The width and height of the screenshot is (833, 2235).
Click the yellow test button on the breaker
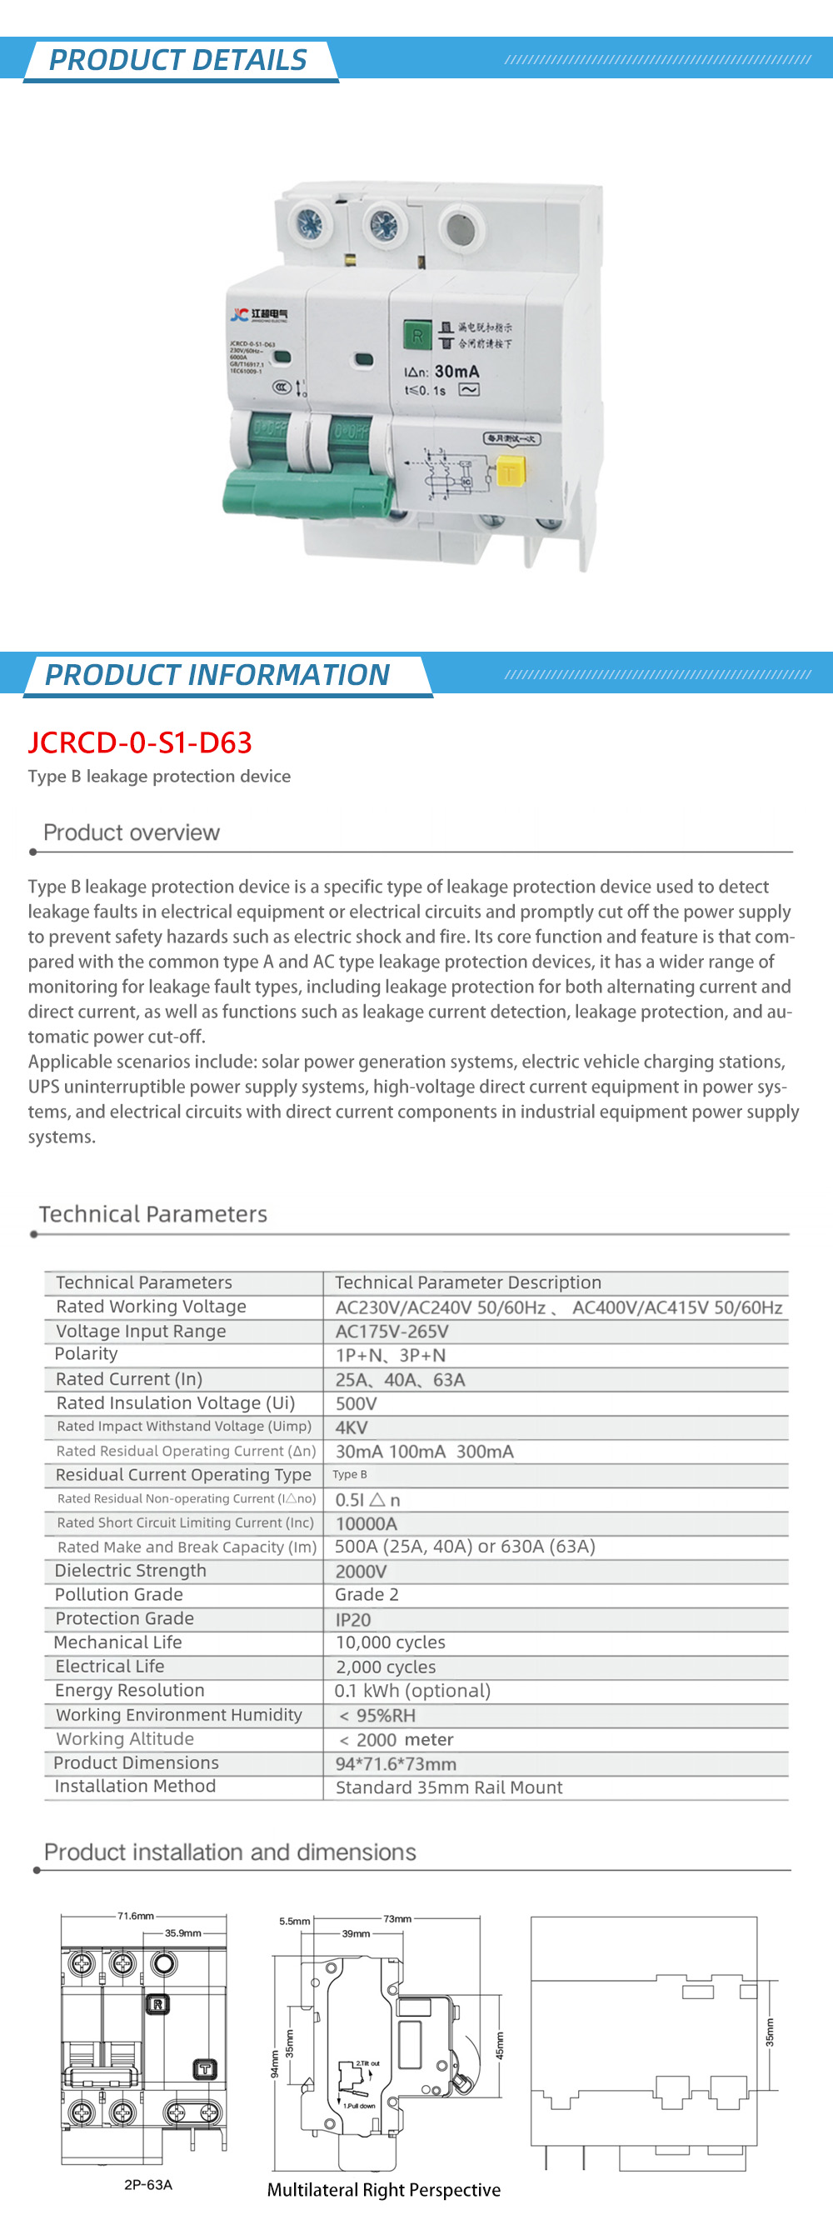pos(509,473)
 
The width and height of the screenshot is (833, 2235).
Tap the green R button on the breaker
pos(417,336)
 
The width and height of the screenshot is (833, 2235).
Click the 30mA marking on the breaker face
pos(456,372)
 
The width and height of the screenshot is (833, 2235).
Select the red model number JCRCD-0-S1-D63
pos(140,742)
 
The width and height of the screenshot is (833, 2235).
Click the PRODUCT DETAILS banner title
pos(178,60)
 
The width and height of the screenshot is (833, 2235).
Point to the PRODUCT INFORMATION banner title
pos(217,675)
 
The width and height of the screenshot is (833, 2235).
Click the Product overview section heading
pos(131,833)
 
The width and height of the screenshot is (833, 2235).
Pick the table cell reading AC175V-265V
pos(392,1332)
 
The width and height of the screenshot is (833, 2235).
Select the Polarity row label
pos(86,1353)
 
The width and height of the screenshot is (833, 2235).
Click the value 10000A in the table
pos(367,1523)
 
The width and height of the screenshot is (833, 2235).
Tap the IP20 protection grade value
pos(353,1620)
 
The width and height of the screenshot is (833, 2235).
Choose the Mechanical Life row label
pos(118,1642)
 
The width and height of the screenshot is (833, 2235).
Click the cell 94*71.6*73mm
pos(396,1764)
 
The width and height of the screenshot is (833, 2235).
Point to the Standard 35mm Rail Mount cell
pos(449,1787)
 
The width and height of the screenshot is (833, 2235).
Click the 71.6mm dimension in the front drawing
pos(135,1916)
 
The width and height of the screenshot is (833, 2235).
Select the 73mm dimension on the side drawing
pos(397,1918)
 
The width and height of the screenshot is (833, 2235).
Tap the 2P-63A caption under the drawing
pos(148,2185)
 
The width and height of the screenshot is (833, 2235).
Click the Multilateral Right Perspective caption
pos(383,2190)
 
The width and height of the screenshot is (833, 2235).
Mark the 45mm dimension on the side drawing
pos(500,2045)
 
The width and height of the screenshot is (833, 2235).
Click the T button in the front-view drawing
pos(205,2069)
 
